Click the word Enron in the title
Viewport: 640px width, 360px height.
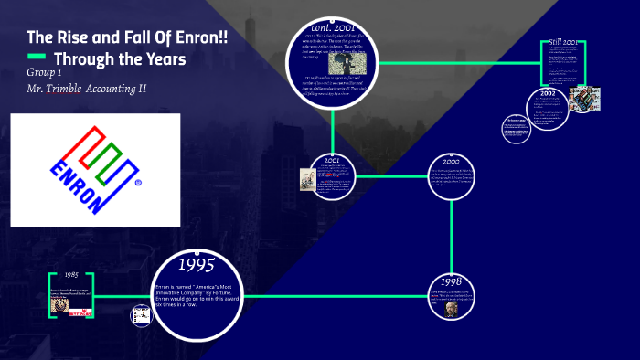click(x=196, y=38)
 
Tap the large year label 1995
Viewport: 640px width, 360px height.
click(x=196, y=266)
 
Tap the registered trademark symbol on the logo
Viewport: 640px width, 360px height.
click(x=138, y=183)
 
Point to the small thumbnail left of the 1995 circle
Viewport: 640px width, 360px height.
click(x=141, y=316)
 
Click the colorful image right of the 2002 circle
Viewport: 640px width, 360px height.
click(x=584, y=98)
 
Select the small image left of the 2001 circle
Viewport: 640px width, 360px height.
click(x=307, y=178)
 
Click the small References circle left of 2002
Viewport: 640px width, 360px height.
click(x=515, y=127)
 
